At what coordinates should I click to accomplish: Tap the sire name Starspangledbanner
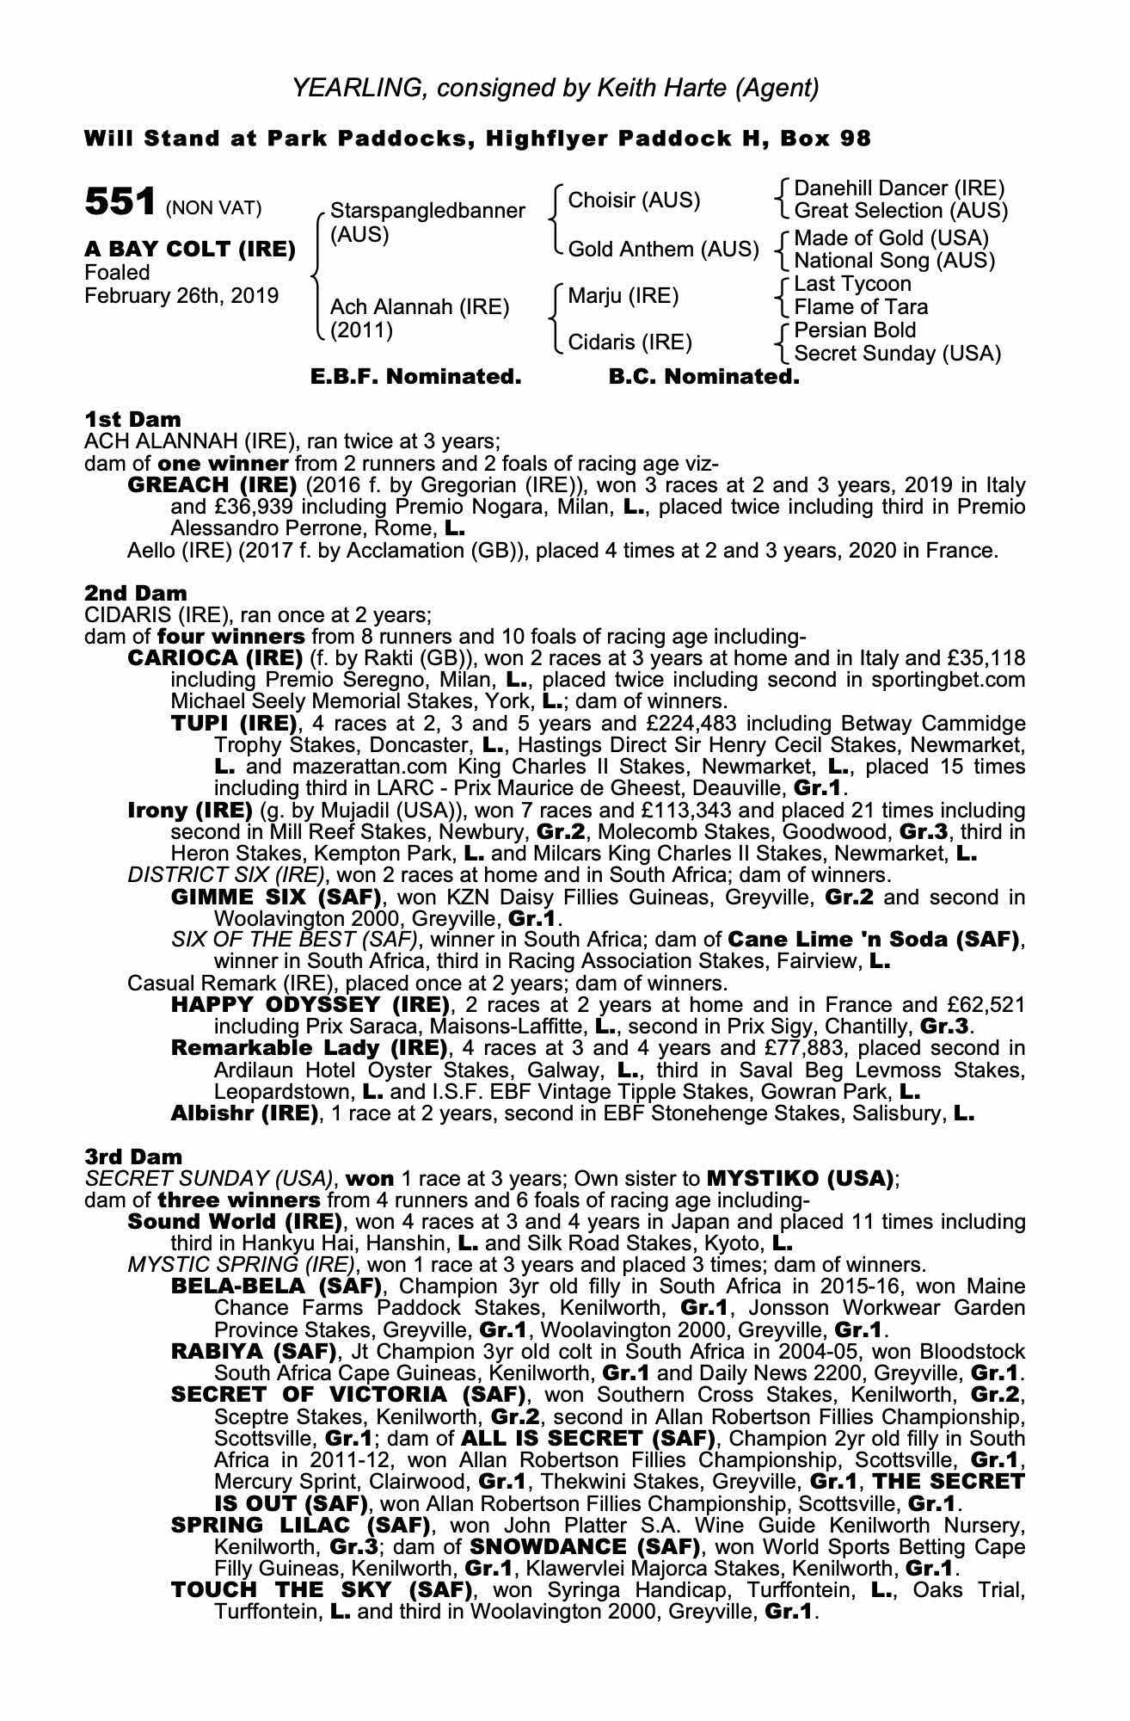coord(427,211)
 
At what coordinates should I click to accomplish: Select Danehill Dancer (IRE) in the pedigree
coord(899,188)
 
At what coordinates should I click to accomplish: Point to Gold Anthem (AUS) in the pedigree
coord(663,250)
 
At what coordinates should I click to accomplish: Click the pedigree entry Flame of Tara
coord(860,307)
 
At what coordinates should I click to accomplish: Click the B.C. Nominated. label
coord(703,377)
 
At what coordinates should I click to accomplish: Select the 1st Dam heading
coord(132,419)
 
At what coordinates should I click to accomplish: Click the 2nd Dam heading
coord(135,593)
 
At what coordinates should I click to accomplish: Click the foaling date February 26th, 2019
coord(181,296)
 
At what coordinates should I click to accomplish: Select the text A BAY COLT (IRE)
coord(189,250)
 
